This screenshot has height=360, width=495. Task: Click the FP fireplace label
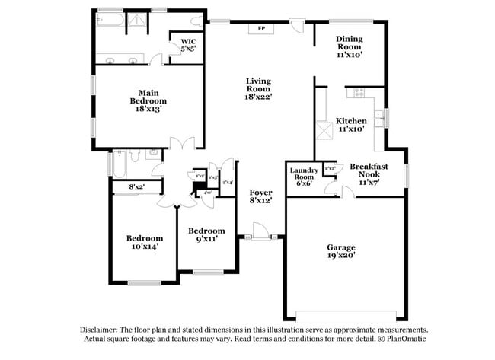(x=261, y=29)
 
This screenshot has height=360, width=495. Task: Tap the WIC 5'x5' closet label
(x=188, y=45)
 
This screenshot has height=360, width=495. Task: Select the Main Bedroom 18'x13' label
(x=148, y=100)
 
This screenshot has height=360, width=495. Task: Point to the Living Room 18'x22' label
(x=259, y=88)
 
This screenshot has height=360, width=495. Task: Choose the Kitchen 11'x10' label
(x=351, y=125)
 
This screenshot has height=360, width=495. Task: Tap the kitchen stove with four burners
(x=359, y=93)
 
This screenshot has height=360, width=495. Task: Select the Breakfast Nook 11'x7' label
(x=369, y=174)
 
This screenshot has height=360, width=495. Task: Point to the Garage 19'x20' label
(x=341, y=252)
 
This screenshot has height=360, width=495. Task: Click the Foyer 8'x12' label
(x=261, y=196)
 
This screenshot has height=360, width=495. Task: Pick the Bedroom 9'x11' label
(x=206, y=235)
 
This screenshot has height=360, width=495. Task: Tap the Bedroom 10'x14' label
(x=144, y=242)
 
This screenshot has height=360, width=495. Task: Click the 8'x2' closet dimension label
(x=136, y=186)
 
